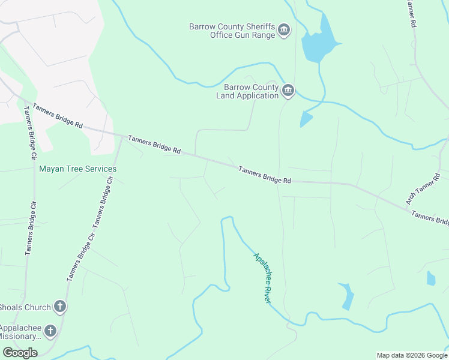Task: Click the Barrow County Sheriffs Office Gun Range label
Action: pos(232,31)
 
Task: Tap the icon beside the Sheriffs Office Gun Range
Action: pos(285,31)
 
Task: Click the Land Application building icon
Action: pos(288,91)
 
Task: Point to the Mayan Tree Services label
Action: pos(78,169)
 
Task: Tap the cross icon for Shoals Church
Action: pos(59,307)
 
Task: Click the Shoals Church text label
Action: pos(25,308)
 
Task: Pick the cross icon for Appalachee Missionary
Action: pos(50,331)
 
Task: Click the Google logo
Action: pos(20,353)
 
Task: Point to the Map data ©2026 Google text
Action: pos(412,355)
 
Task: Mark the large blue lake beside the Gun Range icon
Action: pos(317,44)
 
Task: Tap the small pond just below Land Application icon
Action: pos(306,119)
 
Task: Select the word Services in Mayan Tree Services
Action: pos(100,169)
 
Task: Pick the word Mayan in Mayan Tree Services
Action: pos(50,169)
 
